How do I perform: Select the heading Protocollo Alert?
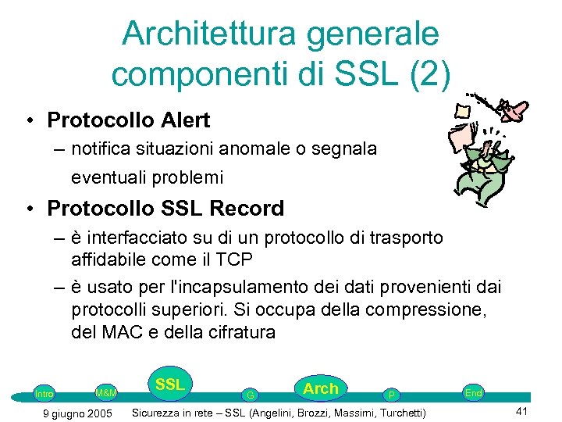coord(128,120)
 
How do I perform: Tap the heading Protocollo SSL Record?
coord(165,209)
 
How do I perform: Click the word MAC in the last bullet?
coord(119,332)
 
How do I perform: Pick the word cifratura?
coord(239,332)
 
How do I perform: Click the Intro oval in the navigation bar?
coord(44,394)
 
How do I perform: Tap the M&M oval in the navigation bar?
coord(105,392)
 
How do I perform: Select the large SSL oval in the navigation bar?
coord(169,384)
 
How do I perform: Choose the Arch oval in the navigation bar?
coord(321,388)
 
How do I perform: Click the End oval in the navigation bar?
coord(473,392)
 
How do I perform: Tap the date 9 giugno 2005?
coord(76,413)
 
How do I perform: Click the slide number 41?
coord(522,412)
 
